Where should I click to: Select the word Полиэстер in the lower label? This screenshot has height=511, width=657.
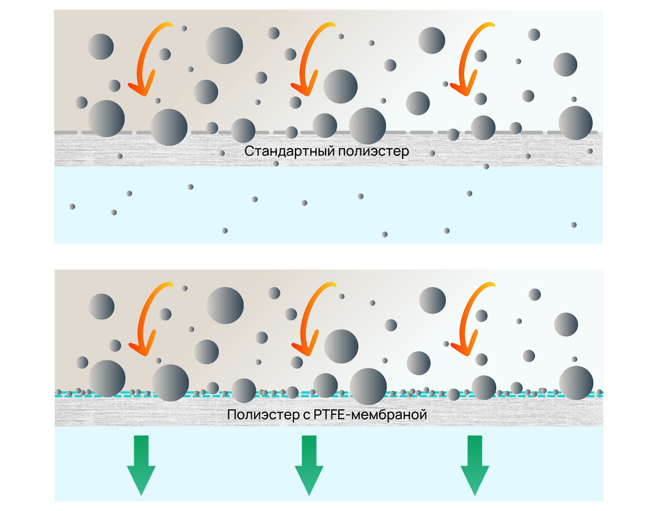click(263, 415)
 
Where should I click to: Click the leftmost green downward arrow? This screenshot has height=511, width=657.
click(141, 465)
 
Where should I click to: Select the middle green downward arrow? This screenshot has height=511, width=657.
click(309, 465)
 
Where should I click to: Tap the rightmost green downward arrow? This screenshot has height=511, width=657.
click(475, 465)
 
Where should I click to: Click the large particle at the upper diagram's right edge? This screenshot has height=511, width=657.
click(575, 123)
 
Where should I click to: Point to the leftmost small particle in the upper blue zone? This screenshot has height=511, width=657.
click(72, 206)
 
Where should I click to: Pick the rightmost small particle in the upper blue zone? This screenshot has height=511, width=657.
click(574, 225)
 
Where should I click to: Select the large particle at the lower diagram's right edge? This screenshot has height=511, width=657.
click(576, 383)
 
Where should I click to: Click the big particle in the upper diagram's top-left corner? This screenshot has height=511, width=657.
click(101, 46)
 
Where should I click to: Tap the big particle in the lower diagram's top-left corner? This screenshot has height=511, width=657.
click(102, 306)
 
